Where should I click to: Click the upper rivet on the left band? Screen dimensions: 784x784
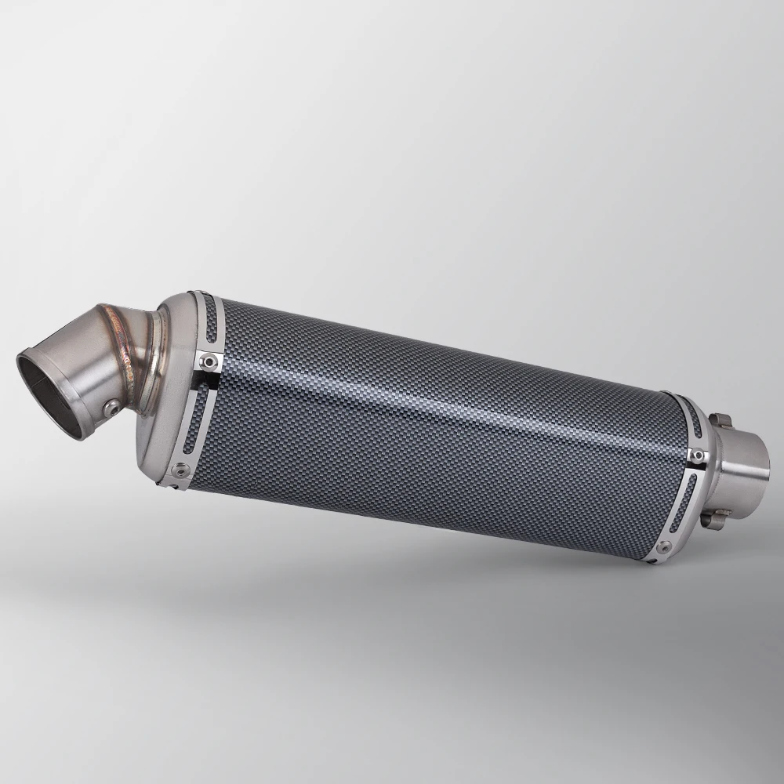pos(208,360)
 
